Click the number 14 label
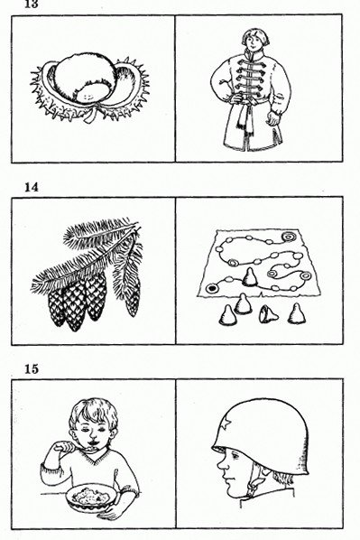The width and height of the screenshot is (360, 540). [x=31, y=187]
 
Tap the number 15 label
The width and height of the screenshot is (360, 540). [x=31, y=368]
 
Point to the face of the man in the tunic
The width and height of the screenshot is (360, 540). [x=254, y=42]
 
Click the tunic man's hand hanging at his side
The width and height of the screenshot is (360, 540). [x=272, y=117]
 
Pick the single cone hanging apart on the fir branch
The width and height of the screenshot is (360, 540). [x=133, y=299]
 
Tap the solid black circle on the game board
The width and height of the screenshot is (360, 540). [x=210, y=288]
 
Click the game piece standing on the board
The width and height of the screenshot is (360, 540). [x=250, y=277]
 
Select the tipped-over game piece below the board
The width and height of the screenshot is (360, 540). [x=269, y=313]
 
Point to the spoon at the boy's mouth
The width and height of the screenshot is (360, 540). [x=73, y=448]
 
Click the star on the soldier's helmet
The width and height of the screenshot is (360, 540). [x=226, y=424]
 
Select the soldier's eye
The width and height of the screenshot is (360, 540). [x=235, y=456]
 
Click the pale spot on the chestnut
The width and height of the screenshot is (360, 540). [x=86, y=96]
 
